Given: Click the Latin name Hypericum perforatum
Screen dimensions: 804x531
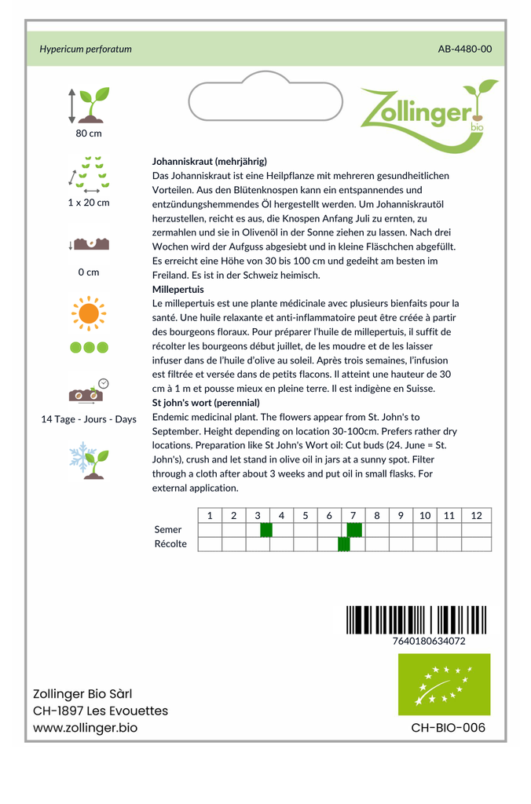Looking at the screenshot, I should (86, 49).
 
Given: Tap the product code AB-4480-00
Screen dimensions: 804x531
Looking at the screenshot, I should (465, 49).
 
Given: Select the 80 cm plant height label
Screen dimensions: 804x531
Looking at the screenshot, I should (89, 133).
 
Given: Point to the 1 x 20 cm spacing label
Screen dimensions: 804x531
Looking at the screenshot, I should (89, 203).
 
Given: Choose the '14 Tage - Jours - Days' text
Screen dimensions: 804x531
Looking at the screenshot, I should (89, 419).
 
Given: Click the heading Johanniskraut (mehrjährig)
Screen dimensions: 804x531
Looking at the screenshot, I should (210, 162).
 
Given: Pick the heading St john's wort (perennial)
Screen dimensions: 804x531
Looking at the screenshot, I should (206, 403).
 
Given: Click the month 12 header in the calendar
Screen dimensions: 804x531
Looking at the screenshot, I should (476, 516).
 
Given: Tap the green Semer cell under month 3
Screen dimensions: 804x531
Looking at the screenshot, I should (265, 530).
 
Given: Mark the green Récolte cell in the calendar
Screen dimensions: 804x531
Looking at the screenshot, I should (343, 544).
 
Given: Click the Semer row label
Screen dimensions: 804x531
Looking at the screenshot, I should (168, 530).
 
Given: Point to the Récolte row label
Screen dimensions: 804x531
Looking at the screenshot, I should (170, 544).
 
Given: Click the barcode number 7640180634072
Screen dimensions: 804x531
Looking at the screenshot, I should (427, 641).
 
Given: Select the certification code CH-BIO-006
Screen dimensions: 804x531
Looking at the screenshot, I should (448, 728).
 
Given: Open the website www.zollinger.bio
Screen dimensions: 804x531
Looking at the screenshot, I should (85, 728).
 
